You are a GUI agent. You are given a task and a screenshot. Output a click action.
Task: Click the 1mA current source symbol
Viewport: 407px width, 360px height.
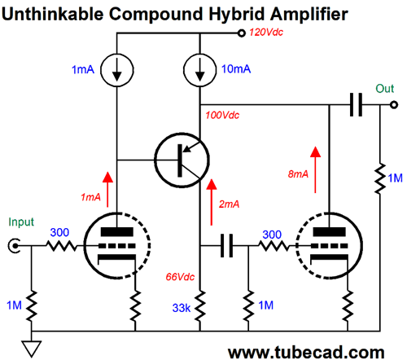(117, 70)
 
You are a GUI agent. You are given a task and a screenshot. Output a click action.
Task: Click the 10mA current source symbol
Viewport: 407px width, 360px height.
(200, 70)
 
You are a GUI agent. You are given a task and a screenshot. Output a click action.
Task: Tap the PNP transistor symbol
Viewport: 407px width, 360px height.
(182, 160)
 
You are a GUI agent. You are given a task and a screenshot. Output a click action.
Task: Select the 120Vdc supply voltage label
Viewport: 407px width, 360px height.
(266, 33)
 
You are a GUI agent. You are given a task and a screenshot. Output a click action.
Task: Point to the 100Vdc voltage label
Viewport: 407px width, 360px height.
(222, 116)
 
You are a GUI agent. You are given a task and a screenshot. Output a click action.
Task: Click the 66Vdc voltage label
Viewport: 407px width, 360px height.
(180, 277)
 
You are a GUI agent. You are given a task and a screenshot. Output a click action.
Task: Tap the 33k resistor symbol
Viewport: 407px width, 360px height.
(200, 306)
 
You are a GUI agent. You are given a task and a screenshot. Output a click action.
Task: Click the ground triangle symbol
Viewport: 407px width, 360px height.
(32, 349)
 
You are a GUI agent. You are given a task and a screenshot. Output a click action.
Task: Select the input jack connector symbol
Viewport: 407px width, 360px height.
(14, 246)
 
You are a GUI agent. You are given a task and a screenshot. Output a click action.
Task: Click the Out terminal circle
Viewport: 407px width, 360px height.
(394, 104)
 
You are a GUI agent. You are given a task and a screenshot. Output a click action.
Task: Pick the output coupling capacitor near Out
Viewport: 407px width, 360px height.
(356, 104)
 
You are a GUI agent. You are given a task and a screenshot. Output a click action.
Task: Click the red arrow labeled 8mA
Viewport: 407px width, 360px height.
(315, 169)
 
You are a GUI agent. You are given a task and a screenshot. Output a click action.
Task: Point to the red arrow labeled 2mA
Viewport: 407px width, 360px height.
(212, 202)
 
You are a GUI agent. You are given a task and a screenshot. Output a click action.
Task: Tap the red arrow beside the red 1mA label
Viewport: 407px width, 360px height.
(107, 190)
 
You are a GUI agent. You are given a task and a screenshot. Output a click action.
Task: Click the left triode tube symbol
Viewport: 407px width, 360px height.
(117, 246)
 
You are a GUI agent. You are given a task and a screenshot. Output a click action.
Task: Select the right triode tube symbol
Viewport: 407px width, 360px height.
(329, 246)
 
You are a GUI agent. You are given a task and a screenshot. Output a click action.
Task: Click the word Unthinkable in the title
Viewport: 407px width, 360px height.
(53, 14)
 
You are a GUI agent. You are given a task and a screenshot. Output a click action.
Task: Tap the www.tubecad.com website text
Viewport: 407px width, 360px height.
(306, 352)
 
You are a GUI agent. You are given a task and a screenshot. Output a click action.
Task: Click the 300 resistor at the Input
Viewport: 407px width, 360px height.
(62, 246)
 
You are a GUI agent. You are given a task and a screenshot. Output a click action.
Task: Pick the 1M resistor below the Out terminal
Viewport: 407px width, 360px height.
(380, 178)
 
